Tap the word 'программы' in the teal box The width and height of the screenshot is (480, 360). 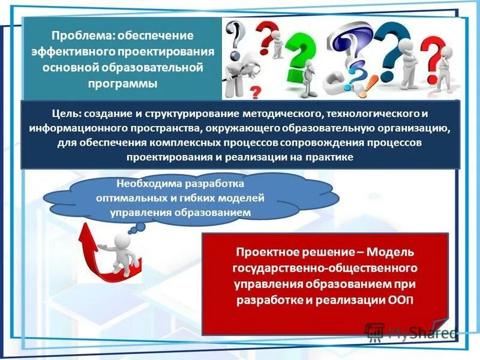tap(123, 83)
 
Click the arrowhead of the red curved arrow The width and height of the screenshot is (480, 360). tap(86, 230)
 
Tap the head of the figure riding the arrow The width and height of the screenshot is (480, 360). tap(124, 238)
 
